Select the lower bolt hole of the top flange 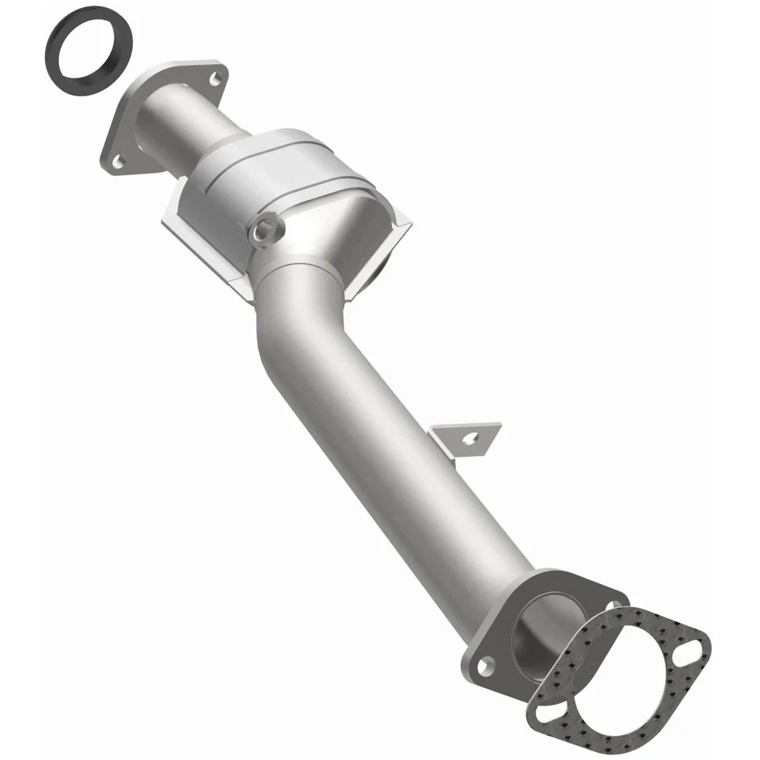pyautogui.click(x=118, y=161)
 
